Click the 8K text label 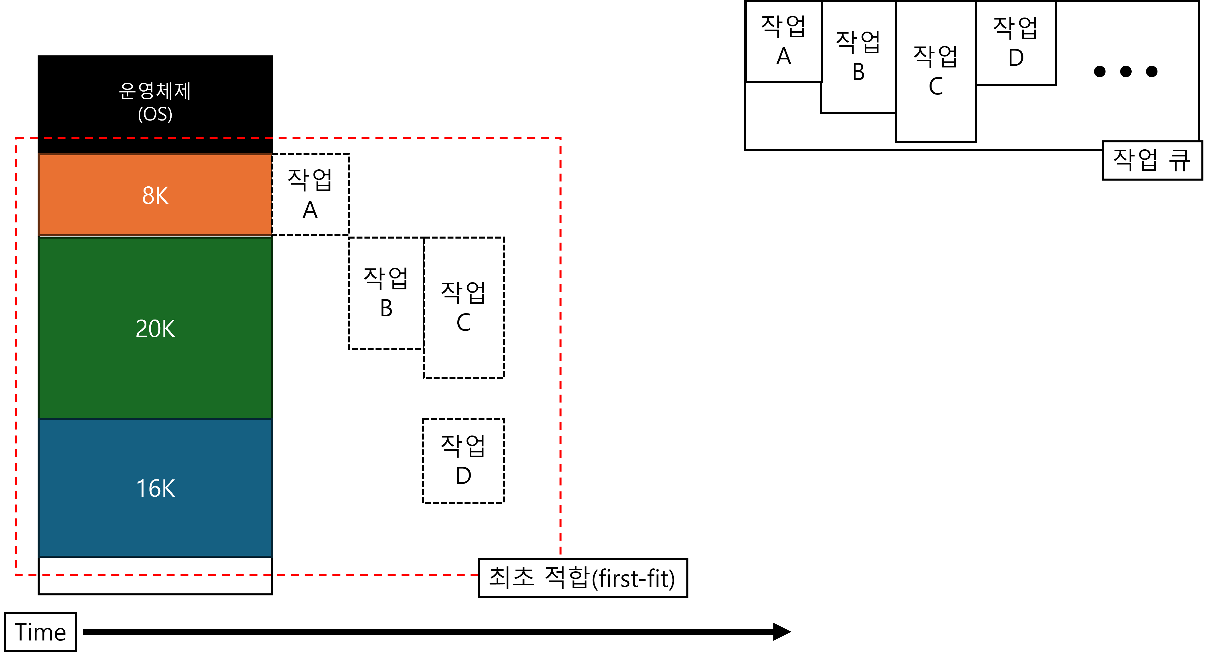coord(155,196)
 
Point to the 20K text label coord(155,329)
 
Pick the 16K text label coord(155,488)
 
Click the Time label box coord(40,632)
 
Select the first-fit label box coord(582,578)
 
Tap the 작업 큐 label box coord(1152,160)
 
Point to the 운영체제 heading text coord(155,91)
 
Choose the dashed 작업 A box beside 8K coord(310,195)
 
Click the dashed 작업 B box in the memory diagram coord(386,293)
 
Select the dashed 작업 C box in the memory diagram coord(464,307)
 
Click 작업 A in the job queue coord(784,41)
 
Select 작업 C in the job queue coord(935,71)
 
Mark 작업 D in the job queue coord(1015,43)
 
